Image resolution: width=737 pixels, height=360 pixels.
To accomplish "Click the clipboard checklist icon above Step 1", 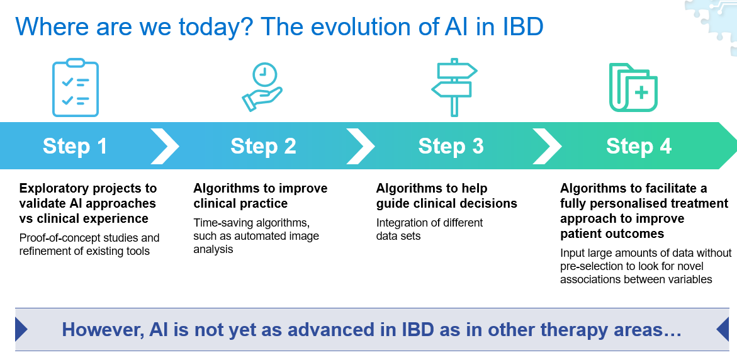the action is pos(75,87).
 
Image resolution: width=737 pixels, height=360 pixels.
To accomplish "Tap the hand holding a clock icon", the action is pos(262,87).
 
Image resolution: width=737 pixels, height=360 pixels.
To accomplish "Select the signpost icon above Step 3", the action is pos(454,87).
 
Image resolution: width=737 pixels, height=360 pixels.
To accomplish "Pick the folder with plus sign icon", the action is pos(633,87).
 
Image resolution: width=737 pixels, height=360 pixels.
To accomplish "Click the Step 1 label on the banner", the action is pos(75,146).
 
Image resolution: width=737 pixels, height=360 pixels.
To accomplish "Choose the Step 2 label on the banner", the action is pos(263,146).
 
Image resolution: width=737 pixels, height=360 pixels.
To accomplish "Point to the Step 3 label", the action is pos(451,146).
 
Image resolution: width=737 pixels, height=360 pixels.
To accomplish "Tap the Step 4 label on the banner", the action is pos(639,146).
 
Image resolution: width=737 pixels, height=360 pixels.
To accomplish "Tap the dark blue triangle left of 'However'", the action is pos(21,329).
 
